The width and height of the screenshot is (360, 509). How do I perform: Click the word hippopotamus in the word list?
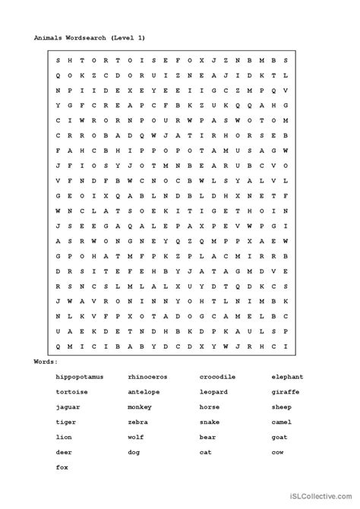click(79, 376)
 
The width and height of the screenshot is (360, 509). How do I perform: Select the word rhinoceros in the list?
click(148, 376)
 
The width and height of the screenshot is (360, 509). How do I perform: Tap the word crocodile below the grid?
click(218, 376)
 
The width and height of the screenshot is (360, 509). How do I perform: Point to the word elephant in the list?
click(287, 376)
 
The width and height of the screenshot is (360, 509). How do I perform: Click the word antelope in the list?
click(144, 391)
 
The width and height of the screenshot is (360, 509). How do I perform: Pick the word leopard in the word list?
click(213, 391)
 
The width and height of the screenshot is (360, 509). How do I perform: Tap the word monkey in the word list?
click(140, 407)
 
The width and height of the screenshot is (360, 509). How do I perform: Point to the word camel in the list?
click(281, 422)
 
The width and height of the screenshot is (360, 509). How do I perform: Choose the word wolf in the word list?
click(136, 438)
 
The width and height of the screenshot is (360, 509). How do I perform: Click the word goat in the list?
click(279, 438)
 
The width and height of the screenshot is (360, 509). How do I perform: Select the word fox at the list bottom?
click(62, 468)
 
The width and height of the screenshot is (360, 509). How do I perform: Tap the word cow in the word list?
click(277, 453)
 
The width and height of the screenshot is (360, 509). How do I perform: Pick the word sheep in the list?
click(281, 407)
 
